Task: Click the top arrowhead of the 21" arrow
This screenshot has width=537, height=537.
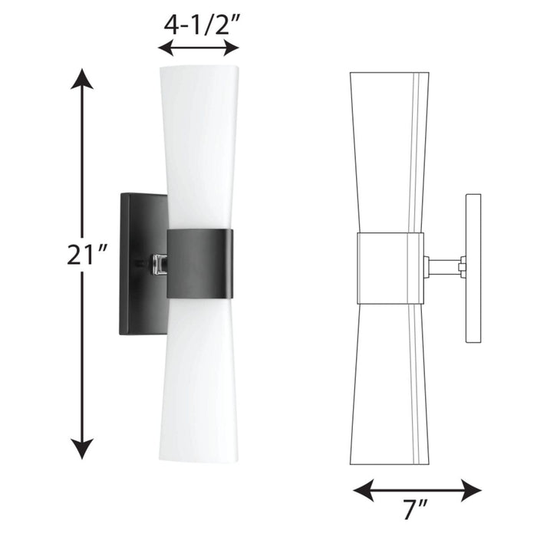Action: (x=82, y=78)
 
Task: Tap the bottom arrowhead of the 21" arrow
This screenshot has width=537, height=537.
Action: (x=82, y=449)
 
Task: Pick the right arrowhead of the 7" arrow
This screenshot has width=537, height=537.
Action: (x=471, y=490)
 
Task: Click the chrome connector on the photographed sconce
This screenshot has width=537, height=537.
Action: (x=160, y=265)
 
